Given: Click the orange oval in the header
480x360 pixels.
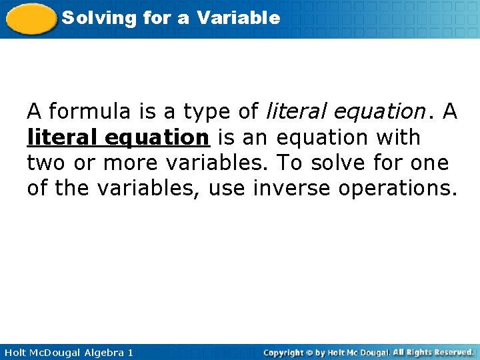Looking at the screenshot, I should coord(31,18).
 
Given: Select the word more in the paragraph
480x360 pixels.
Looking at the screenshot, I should coord(133,163).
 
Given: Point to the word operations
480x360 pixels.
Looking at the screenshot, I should coord(398,189).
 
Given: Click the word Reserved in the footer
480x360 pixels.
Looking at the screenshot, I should coord(451,352).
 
